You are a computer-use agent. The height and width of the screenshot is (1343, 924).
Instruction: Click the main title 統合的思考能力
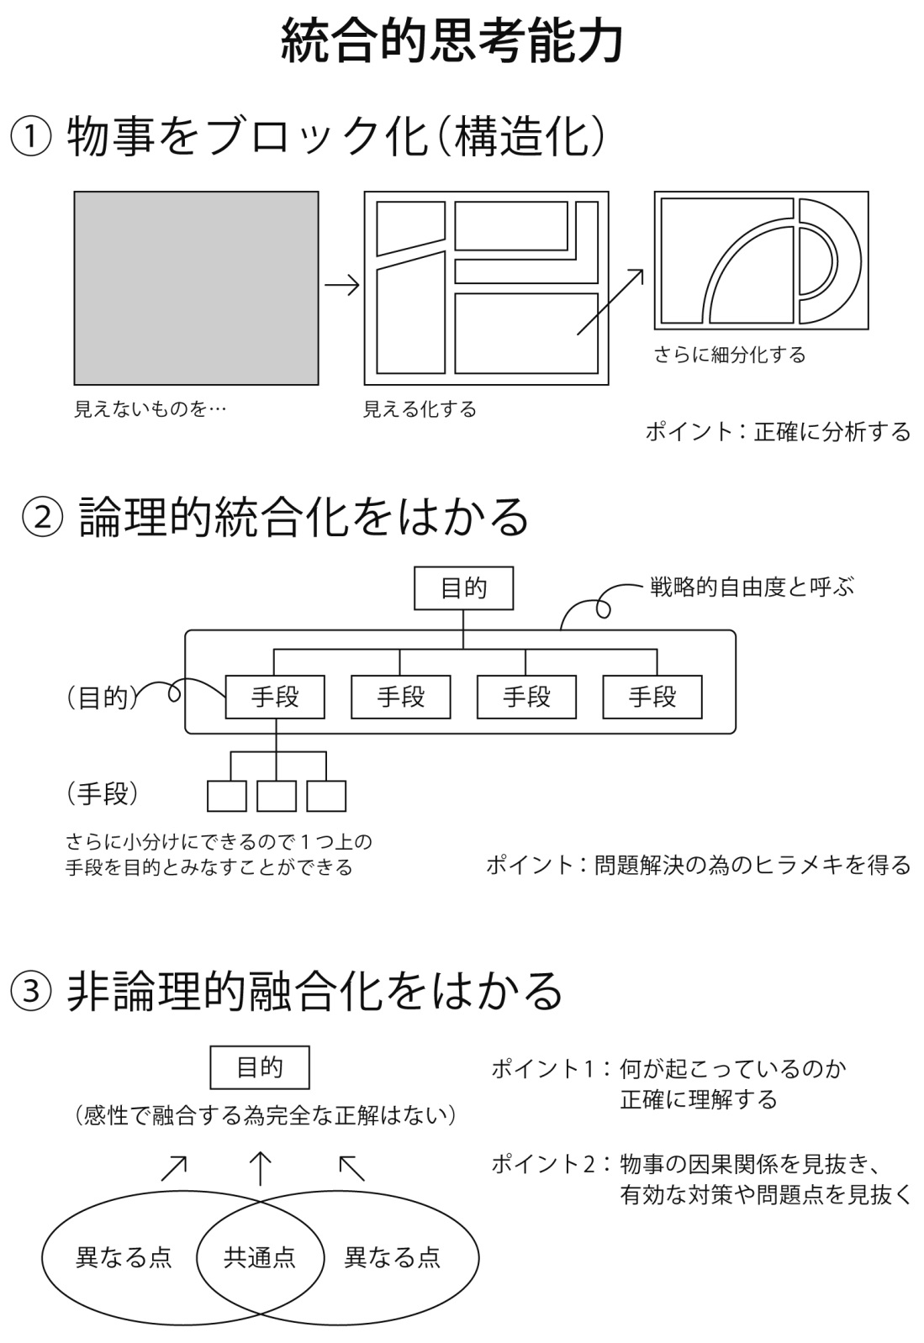[452, 41]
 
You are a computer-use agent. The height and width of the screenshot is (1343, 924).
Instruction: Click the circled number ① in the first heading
[30, 136]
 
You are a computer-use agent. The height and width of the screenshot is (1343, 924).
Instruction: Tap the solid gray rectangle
[196, 287]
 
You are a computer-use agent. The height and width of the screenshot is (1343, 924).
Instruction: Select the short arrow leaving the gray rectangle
[342, 285]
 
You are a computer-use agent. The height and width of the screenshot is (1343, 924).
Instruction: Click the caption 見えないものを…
[150, 409]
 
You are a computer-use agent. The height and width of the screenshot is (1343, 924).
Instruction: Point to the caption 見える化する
[420, 409]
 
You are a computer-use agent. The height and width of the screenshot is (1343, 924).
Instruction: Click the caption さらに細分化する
[729, 355]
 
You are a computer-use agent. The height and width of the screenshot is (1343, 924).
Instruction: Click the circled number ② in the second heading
[43, 517]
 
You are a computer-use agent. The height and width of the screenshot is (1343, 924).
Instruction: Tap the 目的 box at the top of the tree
[463, 588]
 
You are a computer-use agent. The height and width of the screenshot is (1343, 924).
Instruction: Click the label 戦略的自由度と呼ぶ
[752, 587]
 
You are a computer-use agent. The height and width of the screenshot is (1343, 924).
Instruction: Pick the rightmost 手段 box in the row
[652, 697]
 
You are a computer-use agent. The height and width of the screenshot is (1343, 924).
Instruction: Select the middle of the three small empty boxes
[277, 796]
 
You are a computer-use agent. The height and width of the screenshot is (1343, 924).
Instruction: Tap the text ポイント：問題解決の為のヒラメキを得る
[699, 865]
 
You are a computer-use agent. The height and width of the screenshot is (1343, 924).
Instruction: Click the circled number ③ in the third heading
[30, 991]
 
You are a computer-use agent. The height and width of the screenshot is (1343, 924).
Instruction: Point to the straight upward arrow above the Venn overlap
[261, 1168]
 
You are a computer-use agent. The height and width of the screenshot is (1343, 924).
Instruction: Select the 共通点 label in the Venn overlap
[260, 1257]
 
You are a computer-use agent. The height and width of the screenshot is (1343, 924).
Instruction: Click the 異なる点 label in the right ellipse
[392, 1257]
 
